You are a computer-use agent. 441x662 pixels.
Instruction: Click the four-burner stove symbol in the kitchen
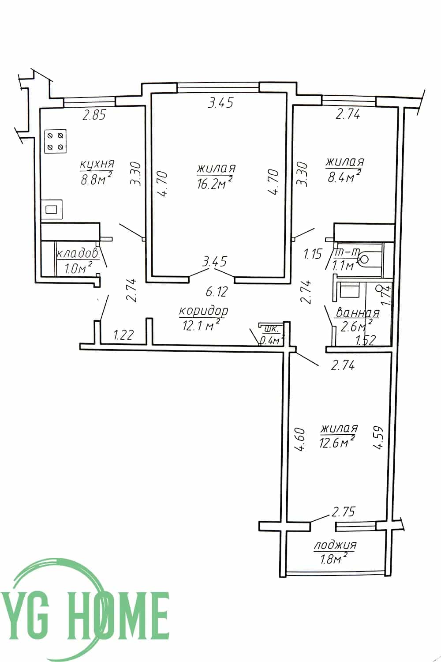point(55,141)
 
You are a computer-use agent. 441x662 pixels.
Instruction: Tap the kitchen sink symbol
point(52,209)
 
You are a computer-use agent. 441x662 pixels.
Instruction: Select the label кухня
point(97,164)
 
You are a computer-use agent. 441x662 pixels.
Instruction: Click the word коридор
point(203,311)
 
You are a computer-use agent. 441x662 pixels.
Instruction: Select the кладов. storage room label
point(77,254)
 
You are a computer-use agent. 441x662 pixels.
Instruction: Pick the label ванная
point(358,312)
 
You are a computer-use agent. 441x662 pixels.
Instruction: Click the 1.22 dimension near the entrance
point(124,335)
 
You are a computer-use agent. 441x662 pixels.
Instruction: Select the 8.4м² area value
point(343,177)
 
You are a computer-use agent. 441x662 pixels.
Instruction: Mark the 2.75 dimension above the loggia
point(343,511)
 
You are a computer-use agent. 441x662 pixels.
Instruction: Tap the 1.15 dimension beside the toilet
point(313,254)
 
